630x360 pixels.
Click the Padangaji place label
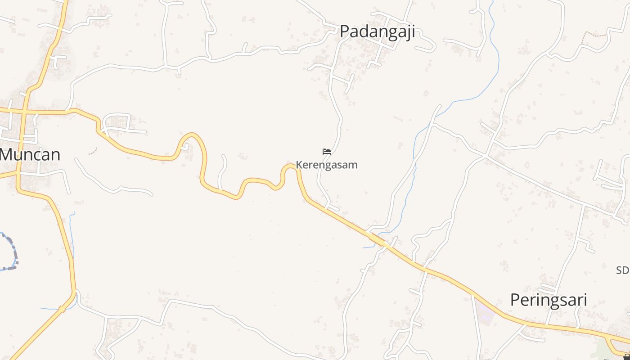tap(377, 32)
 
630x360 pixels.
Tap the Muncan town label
tap(31, 155)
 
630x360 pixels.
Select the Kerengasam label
tap(327, 165)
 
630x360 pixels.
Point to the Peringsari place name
tap(549, 300)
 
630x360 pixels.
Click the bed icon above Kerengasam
tap(327, 152)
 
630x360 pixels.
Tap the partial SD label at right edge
tap(623, 270)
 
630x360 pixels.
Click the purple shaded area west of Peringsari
tap(485, 312)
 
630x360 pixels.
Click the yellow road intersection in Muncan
tap(22, 111)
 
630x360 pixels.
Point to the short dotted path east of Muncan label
tap(93, 151)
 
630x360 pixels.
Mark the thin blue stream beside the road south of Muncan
tap(72, 234)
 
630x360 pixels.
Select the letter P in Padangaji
tap(345, 32)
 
